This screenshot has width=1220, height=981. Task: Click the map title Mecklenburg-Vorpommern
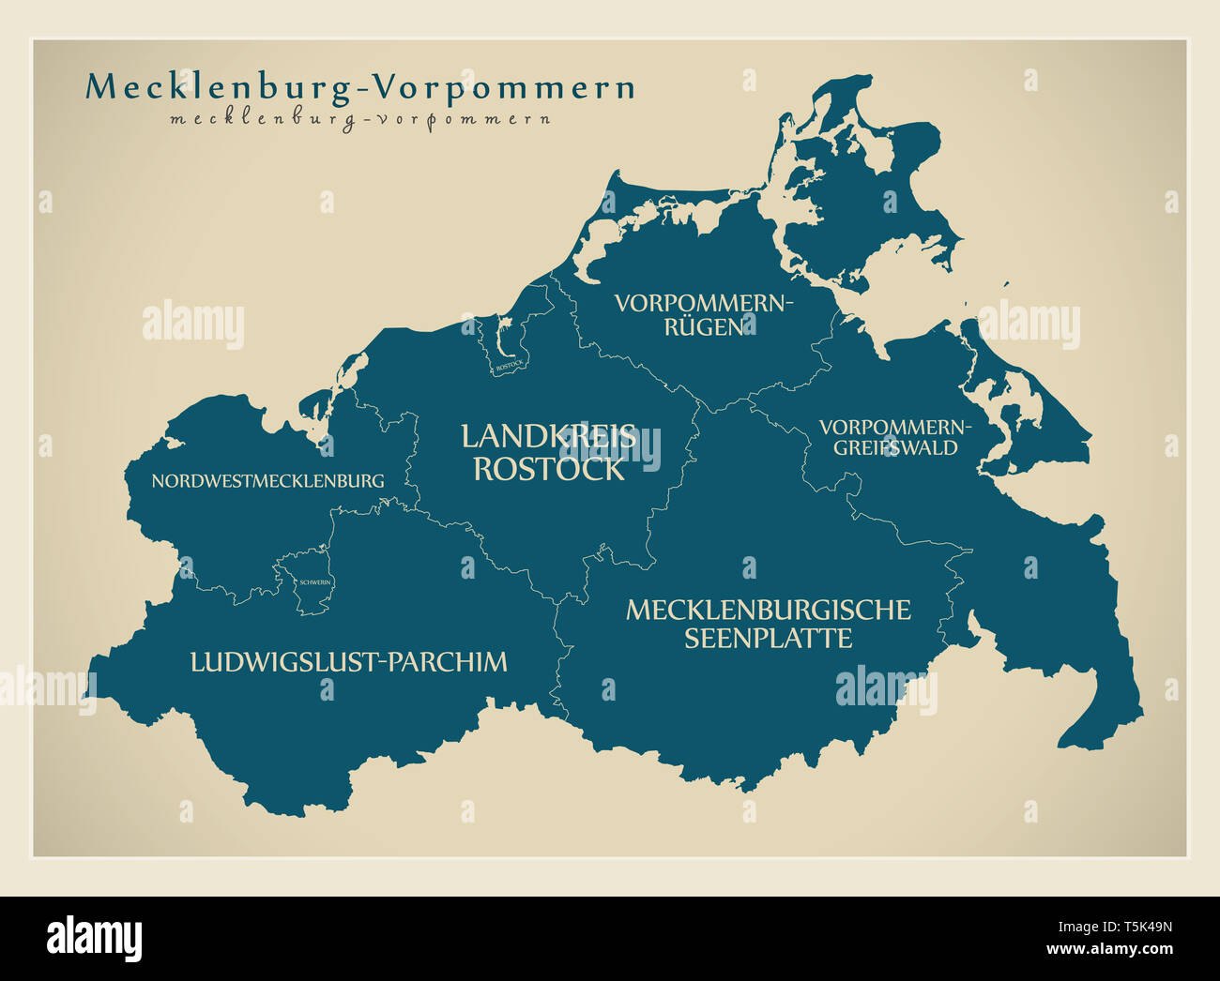click(360, 87)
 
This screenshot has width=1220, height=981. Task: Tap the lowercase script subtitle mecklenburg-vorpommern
click(360, 120)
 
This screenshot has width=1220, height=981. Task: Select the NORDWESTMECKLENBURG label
click(267, 481)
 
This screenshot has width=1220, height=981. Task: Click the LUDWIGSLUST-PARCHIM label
click(348, 662)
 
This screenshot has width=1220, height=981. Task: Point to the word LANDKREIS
click(549, 436)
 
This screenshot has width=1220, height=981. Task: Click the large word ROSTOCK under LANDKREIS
click(549, 469)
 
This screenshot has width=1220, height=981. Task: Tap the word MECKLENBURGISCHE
click(768, 610)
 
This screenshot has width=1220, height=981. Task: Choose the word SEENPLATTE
click(768, 639)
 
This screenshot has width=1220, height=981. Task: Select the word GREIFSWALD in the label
click(895, 448)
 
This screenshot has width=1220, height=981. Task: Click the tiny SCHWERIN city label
click(313, 582)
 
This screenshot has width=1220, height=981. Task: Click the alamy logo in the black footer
click(94, 938)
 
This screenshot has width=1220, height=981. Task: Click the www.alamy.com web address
click(1113, 949)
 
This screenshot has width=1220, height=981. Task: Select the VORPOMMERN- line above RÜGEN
click(704, 304)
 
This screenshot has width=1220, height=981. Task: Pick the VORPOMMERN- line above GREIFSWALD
click(895, 428)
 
